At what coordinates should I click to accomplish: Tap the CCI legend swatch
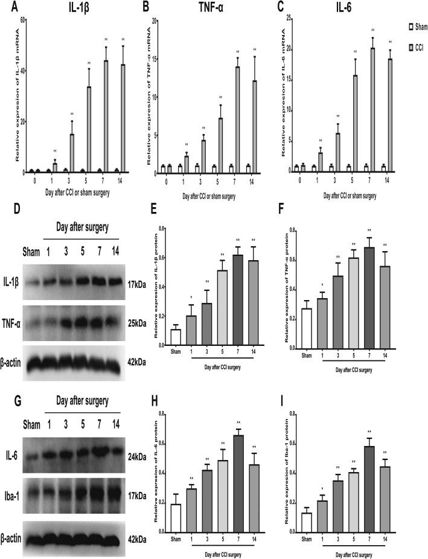click(410, 46)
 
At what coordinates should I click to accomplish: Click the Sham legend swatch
click(410, 27)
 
